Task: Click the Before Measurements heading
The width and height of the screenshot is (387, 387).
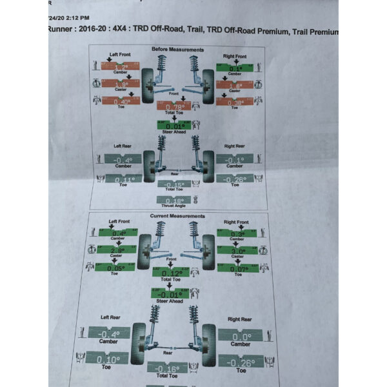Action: pyautogui.click(x=177, y=50)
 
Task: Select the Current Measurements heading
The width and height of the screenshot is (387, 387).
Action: pyautogui.click(x=177, y=216)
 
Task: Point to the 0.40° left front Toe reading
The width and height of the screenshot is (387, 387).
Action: pyautogui.click(x=120, y=101)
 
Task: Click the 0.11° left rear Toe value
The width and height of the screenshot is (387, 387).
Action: pyautogui.click(x=120, y=179)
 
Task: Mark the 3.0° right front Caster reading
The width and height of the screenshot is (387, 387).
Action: pyautogui.click(x=237, y=252)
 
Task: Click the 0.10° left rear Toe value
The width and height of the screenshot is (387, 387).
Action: pyautogui.click(x=112, y=359)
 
